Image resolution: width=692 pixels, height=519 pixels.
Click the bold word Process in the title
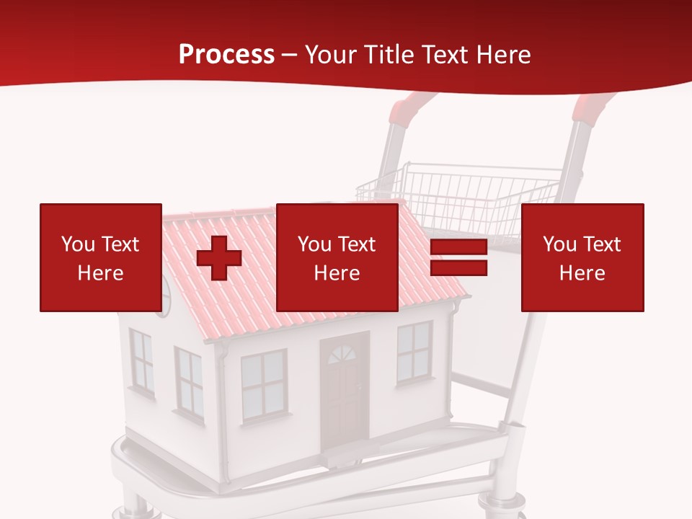pos(226,55)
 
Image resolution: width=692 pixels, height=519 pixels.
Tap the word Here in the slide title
pos(501,55)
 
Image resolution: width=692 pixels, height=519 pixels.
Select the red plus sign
pos(219,258)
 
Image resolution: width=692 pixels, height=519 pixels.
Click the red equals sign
pos(458,257)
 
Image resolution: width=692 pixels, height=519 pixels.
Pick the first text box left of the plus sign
pos(100,257)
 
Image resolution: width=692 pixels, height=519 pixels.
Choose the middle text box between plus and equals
pos(337,257)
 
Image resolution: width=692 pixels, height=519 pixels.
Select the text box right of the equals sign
pos(582,257)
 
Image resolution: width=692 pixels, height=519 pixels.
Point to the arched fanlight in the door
pos(342,354)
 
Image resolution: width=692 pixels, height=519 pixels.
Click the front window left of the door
pos(263,383)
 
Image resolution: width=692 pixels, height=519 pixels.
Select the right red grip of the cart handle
pos(593,106)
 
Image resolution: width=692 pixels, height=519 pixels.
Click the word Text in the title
pos(441,55)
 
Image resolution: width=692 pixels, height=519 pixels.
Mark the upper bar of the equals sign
pos(458,248)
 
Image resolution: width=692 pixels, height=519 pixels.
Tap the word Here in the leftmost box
pos(100,272)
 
